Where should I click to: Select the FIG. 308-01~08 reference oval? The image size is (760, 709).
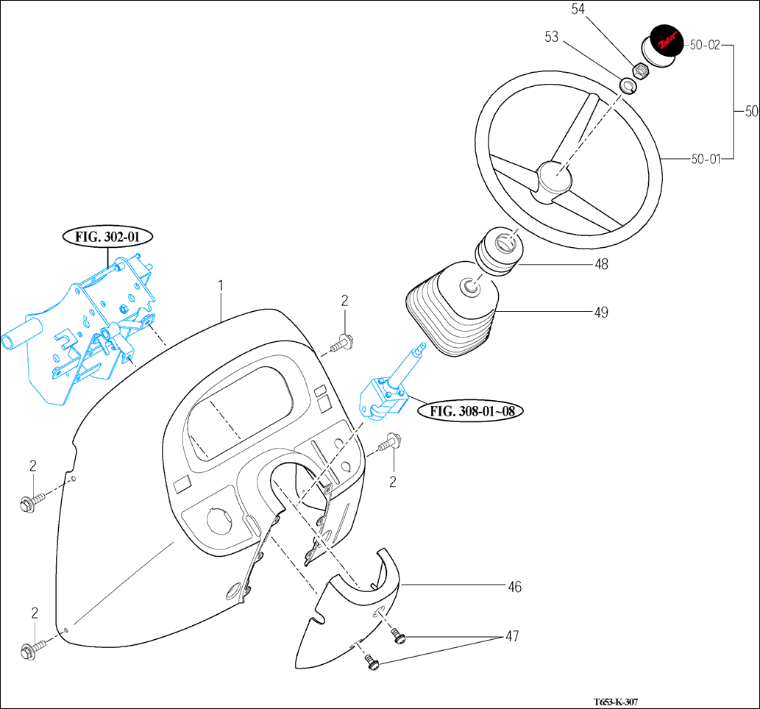pyautogui.click(x=471, y=411)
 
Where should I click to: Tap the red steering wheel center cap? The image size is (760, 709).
pyautogui.click(x=666, y=41)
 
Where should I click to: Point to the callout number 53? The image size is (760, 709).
pyautogui.click(x=552, y=37)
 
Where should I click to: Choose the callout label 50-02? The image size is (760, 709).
pyautogui.click(x=704, y=45)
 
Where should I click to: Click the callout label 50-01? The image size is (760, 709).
pyautogui.click(x=704, y=158)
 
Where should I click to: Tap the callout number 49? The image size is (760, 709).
pyautogui.click(x=601, y=313)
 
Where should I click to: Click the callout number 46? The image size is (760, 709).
pyautogui.click(x=514, y=587)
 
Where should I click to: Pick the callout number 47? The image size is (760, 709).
pyautogui.click(x=511, y=636)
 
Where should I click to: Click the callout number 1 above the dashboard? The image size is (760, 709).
pyautogui.click(x=220, y=285)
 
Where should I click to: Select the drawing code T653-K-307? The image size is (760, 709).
pyautogui.click(x=617, y=702)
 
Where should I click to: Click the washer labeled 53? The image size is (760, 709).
pyautogui.click(x=628, y=86)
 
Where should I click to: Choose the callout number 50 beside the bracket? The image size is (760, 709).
pyautogui.click(x=751, y=112)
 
